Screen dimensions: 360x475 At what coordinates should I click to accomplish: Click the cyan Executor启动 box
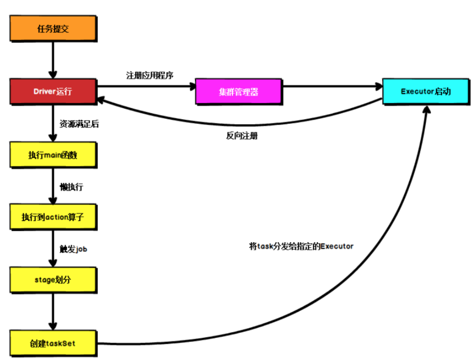(425, 91)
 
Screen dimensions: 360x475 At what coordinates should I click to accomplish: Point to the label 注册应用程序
(150, 75)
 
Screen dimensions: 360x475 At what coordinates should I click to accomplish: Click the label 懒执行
(72, 187)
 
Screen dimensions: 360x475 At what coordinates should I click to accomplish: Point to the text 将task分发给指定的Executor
(301, 246)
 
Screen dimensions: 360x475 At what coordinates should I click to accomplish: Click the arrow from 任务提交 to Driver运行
(53, 59)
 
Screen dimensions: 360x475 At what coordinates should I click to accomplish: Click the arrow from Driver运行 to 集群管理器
(145, 86)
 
